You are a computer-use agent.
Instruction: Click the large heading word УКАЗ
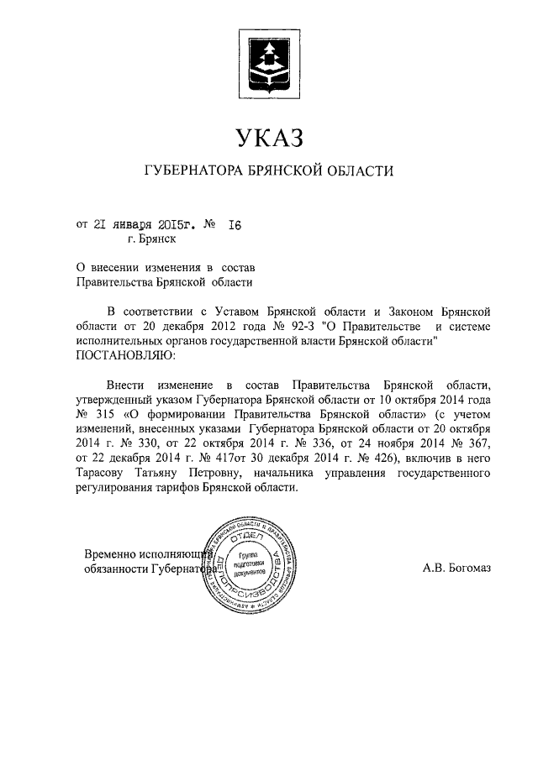269,136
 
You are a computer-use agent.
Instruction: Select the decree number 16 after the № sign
235,224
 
